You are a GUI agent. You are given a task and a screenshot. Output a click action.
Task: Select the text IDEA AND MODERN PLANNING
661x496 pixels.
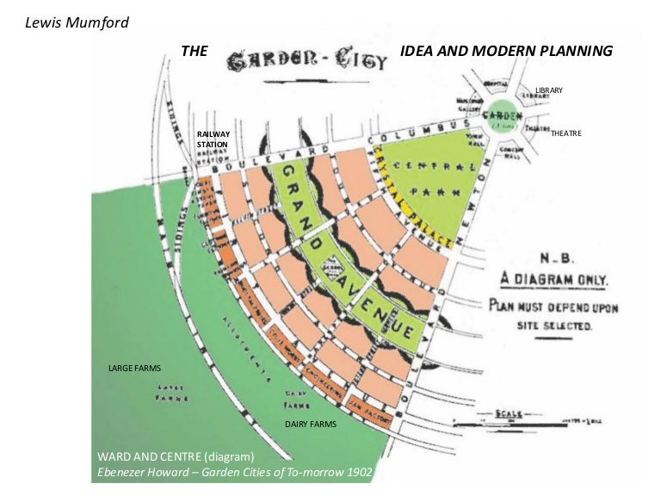[x=506, y=52]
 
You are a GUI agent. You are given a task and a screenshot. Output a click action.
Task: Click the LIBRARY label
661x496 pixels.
[x=548, y=90]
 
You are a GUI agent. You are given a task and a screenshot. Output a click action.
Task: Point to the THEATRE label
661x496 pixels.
[x=565, y=133]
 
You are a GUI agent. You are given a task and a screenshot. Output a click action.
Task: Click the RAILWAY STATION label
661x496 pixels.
[x=213, y=139]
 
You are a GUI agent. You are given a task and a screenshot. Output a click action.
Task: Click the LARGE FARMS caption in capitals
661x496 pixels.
[x=134, y=368]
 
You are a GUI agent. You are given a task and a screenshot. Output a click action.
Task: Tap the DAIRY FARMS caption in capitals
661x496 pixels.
[x=310, y=424]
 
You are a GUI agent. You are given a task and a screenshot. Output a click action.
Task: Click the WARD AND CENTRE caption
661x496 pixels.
[x=176, y=456]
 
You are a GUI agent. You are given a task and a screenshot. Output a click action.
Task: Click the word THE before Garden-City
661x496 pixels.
[x=195, y=52]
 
